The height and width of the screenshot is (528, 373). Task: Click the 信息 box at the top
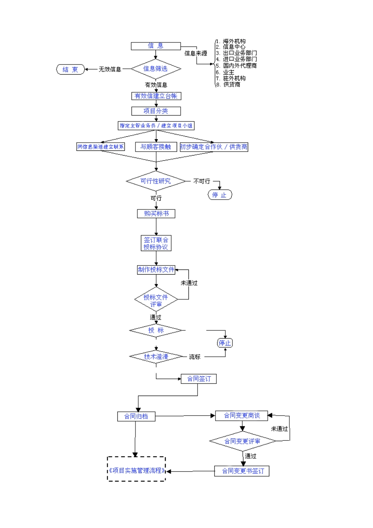point(155,46)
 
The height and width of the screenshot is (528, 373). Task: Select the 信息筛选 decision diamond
point(155,69)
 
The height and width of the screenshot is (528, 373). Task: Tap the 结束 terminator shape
point(70,70)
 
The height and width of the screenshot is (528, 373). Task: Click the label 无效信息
point(110,69)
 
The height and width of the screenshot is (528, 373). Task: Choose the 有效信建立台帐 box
point(156,96)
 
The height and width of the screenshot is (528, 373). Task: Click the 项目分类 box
point(156,111)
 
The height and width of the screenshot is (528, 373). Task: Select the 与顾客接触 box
point(156,147)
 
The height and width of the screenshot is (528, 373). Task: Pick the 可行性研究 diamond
point(156,181)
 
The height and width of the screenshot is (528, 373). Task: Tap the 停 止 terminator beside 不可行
point(219,195)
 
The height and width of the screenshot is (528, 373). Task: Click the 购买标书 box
point(156,213)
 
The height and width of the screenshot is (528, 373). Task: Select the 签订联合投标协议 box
point(156,243)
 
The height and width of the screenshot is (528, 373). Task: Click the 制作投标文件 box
point(156,269)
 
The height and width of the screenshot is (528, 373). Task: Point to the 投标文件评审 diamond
point(156,301)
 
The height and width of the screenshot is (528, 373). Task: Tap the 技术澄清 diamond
point(156,357)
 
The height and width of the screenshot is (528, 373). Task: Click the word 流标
point(194,357)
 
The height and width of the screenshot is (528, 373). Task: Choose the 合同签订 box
point(199,379)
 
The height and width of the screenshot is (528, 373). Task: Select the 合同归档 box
point(136,416)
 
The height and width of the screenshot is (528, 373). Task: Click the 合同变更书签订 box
point(242,471)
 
